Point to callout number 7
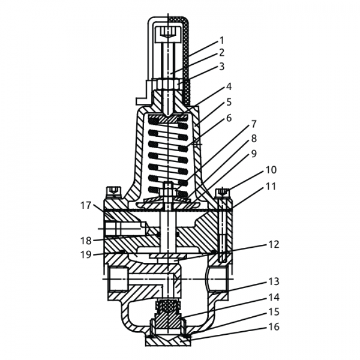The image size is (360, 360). coord(254,124)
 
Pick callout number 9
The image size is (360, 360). coord(254,153)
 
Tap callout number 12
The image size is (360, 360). coord(274,245)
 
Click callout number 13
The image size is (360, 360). coord(274,281)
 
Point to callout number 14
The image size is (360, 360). coord(274,296)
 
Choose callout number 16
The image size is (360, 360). coord(274,327)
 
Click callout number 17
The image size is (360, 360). coord(86,206)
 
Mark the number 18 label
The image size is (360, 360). coord(86,241)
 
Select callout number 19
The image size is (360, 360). coord(86,254)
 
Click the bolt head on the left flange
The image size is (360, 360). coord(112,193)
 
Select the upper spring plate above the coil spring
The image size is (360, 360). coord(169,119)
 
